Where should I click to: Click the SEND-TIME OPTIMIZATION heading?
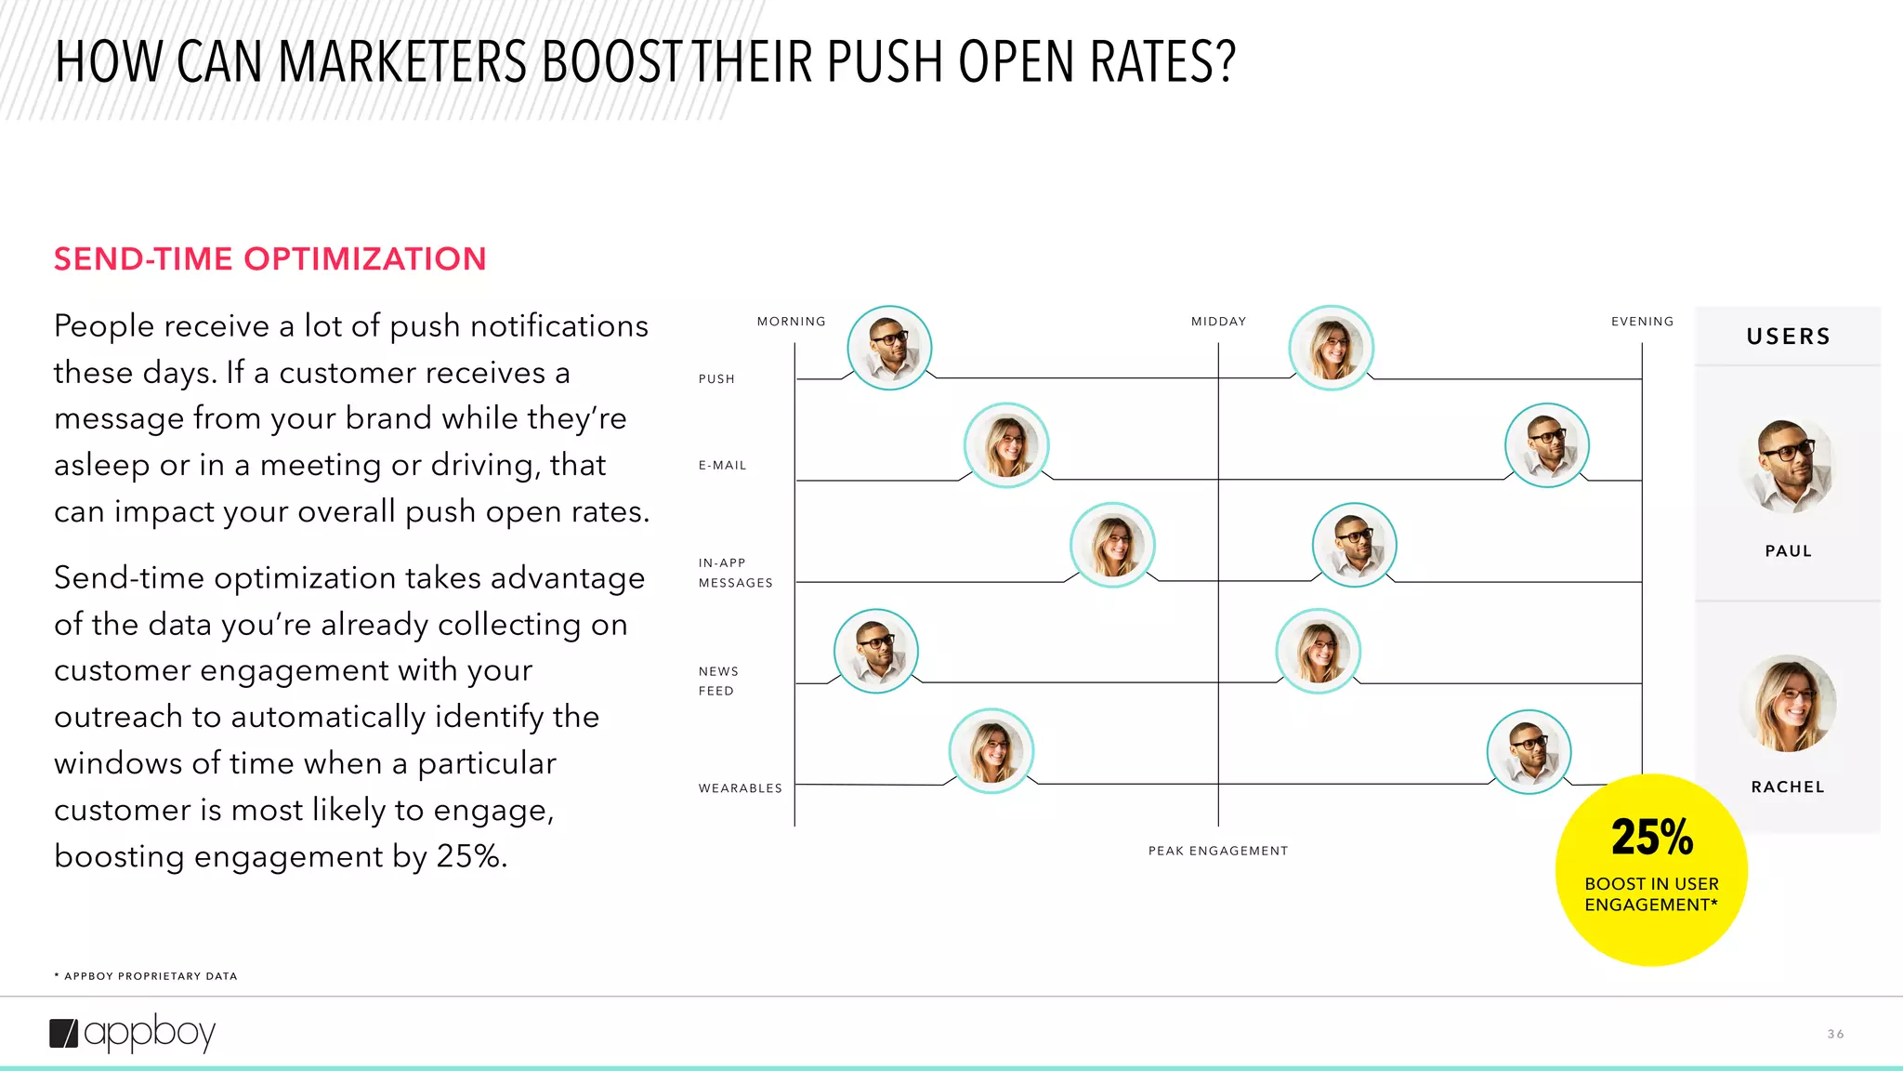[x=269, y=258]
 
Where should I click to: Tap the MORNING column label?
[x=791, y=322]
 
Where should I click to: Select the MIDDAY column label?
[x=1218, y=322]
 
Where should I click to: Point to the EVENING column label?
[x=1642, y=322]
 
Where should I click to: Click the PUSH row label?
[x=716, y=379]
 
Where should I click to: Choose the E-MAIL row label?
[x=722, y=466]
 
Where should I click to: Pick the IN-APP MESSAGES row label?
[x=735, y=573]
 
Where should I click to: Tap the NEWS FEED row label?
[x=718, y=681]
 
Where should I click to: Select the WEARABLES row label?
[x=740, y=788]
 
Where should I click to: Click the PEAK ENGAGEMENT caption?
[x=1217, y=851]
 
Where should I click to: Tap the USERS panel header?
[x=1788, y=337]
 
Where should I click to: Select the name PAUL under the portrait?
[x=1788, y=551]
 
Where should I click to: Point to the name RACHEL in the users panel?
[x=1788, y=787]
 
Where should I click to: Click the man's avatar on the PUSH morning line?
[x=889, y=348]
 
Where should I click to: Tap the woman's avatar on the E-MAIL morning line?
[x=1006, y=445]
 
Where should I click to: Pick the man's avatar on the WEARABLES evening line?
[x=1529, y=751]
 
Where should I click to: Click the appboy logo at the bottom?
[x=133, y=1033]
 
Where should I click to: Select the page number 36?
[x=1835, y=1034]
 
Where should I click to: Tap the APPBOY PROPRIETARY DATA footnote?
[x=146, y=976]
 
